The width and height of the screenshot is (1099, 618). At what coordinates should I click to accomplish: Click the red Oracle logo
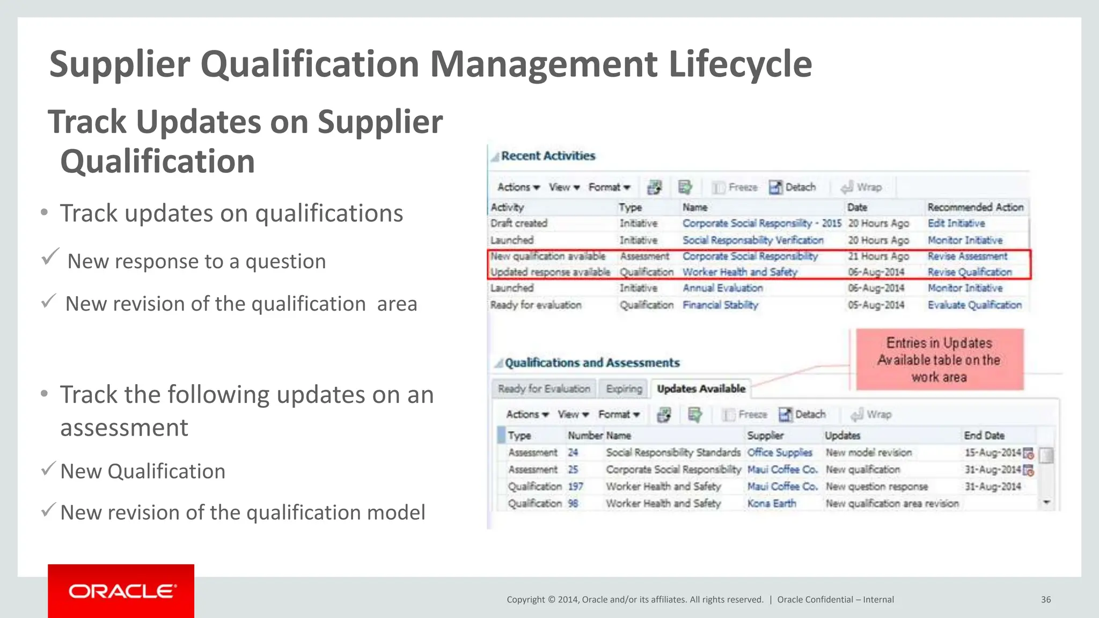click(121, 591)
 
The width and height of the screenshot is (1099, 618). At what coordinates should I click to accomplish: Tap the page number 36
click(1046, 600)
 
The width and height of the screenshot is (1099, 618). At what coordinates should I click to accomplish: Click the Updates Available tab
click(701, 388)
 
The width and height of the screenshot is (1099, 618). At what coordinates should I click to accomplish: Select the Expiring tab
click(624, 388)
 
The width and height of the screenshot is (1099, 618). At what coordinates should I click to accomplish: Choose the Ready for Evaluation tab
click(544, 388)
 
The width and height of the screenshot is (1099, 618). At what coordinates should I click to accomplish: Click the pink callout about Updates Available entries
click(939, 359)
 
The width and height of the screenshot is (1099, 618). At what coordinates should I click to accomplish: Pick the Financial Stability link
click(720, 305)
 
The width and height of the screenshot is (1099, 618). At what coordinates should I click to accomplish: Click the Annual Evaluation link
click(722, 288)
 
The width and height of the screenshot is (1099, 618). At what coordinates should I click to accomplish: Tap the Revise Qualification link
click(970, 272)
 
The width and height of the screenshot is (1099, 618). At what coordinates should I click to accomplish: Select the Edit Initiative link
click(956, 223)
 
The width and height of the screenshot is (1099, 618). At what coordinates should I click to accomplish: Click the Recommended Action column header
click(976, 207)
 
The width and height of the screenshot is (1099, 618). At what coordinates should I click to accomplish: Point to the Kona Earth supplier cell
click(772, 503)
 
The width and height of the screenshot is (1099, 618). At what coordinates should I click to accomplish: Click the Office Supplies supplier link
click(780, 453)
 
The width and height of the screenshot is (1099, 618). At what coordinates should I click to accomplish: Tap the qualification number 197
click(575, 487)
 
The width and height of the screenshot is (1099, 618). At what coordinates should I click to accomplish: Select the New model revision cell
click(869, 453)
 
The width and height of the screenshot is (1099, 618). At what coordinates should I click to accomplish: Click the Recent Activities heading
click(548, 156)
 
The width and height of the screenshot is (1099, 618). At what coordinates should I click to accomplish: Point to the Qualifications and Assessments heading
click(592, 363)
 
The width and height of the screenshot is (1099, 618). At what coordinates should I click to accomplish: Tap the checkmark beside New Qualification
click(48, 469)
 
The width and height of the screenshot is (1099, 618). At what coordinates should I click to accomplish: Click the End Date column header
click(984, 436)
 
